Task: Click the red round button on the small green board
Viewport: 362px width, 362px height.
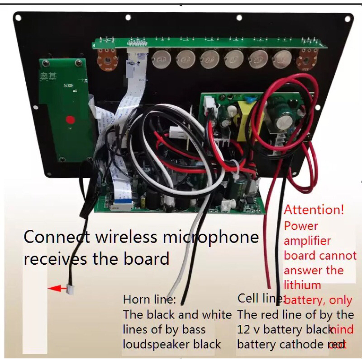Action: coord(70,120)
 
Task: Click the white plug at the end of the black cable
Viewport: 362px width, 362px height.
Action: coord(71,288)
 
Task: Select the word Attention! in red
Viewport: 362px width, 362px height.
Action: coord(314,210)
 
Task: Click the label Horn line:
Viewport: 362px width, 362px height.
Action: coord(149,300)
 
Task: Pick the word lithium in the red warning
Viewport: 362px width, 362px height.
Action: coord(302,285)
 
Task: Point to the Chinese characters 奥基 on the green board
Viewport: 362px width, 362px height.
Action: coord(48,77)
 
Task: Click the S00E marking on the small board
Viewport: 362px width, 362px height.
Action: coord(69,85)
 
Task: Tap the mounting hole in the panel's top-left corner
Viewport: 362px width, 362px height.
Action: coord(18,18)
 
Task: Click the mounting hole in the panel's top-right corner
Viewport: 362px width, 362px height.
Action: coord(348,18)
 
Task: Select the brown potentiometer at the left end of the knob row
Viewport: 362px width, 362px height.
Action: coord(107,59)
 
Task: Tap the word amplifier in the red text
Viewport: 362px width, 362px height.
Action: coord(307,240)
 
